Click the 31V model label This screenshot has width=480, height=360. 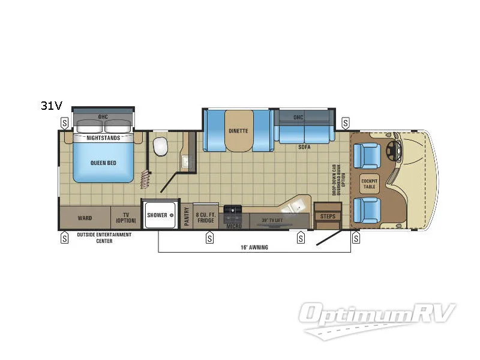click(52, 106)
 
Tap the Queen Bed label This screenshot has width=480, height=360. click(104, 162)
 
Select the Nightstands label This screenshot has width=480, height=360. click(104, 138)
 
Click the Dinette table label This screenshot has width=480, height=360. click(238, 130)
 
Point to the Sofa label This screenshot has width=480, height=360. click(304, 146)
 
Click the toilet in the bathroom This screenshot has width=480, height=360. click(160, 146)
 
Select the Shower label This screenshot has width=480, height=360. click(157, 215)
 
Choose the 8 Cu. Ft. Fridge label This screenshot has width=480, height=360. click(206, 217)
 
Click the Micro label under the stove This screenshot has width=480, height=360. click(234, 226)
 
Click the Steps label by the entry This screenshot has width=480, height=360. click(328, 216)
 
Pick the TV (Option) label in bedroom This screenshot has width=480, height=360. click(126, 217)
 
